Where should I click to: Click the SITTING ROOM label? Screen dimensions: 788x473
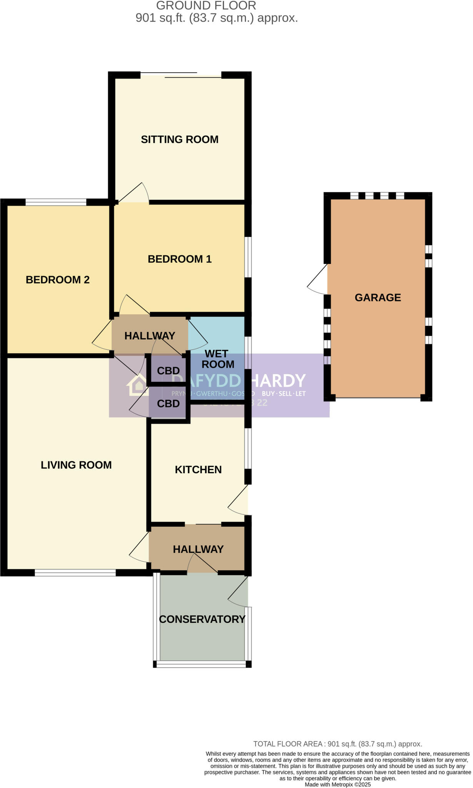pos(179,139)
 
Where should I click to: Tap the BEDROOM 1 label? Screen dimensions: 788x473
pos(179,259)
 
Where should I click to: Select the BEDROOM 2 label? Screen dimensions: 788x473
pos(57,280)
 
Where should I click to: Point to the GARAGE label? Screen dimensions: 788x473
pos(378,297)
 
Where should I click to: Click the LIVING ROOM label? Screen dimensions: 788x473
pos(76,465)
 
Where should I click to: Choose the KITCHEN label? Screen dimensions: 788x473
pos(198,469)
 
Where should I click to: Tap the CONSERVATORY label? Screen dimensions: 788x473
pos(202,619)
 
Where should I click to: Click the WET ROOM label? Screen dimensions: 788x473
pos(217,359)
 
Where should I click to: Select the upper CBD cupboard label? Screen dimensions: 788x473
pos(168,371)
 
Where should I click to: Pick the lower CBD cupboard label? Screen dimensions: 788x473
pos(168,404)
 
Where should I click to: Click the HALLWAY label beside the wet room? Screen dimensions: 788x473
pos(150,336)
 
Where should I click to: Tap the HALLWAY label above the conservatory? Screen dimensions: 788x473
pos(198,549)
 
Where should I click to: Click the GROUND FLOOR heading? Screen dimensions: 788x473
pos(206,6)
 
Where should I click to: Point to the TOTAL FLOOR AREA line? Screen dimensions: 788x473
pos(338,744)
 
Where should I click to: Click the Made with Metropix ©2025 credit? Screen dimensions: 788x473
pos(338,785)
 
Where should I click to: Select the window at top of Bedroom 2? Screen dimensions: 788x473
pos(56,202)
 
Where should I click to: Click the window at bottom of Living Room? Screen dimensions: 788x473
pos(75,573)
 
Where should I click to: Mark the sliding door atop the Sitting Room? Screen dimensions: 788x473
pos(181,75)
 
